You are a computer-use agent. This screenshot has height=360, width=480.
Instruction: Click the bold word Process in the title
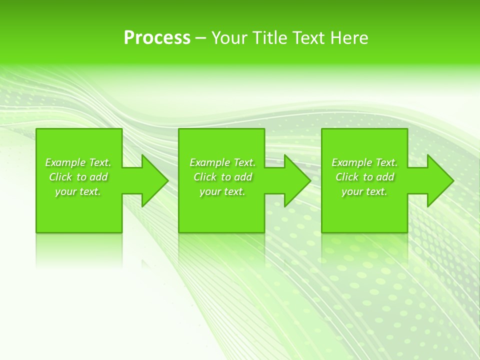(157, 37)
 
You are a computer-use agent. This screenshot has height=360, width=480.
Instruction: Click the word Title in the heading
(269, 37)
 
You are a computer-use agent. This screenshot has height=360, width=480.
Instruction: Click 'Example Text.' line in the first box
(78, 162)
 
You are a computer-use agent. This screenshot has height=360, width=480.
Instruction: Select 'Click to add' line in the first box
(78, 177)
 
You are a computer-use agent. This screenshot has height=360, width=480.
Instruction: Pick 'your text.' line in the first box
(78, 191)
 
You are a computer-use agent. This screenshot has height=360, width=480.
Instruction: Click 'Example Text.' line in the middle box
(222, 162)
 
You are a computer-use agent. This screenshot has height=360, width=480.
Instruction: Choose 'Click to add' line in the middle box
(222, 177)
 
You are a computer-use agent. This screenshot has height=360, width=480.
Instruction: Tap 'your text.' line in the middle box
(222, 191)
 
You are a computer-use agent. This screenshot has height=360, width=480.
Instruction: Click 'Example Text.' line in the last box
(364, 162)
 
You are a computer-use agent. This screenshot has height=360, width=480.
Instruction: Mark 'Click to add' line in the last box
(364, 177)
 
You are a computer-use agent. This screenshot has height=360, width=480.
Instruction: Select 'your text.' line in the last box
(364, 191)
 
